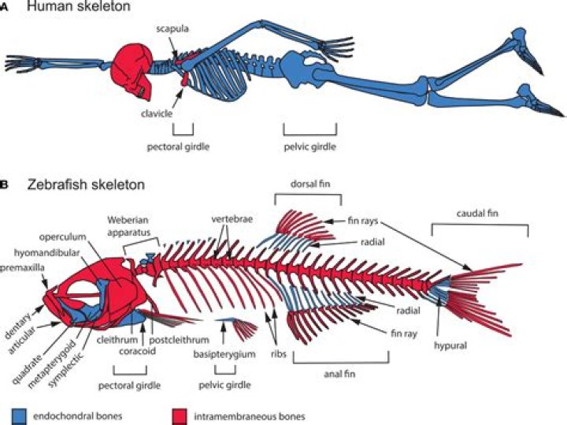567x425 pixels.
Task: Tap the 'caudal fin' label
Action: pyautogui.click(x=480, y=212)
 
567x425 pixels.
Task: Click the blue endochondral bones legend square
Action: pyautogui.click(x=20, y=412)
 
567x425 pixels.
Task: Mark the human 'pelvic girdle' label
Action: pyautogui.click(x=310, y=147)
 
